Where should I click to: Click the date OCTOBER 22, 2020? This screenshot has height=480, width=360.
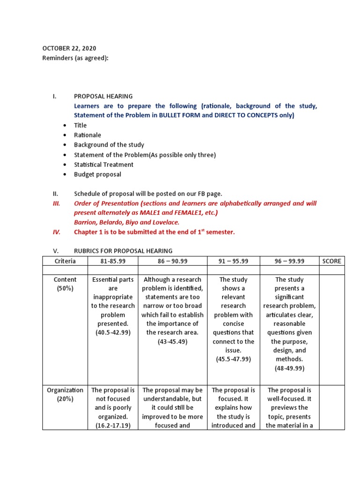pos(69,48)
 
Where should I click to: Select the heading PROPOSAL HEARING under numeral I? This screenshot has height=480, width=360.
pos(103,96)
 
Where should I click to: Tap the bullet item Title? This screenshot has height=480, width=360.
pos(80,125)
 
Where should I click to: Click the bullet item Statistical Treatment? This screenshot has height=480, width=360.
pos(104,165)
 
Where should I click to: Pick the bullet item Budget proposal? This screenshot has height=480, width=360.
pos(97,174)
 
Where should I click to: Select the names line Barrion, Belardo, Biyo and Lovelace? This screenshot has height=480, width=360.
pos(127,222)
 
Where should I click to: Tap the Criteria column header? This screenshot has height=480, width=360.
pos(65,261)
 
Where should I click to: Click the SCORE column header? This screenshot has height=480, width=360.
pos(331,261)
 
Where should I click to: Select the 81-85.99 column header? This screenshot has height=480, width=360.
pos(113,261)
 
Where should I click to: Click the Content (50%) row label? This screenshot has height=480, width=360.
pos(65,284)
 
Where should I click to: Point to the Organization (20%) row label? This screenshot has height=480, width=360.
pos(65,394)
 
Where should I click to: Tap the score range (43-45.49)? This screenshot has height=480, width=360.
pos(172,342)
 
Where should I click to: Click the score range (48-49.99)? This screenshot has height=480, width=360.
pos(289,368)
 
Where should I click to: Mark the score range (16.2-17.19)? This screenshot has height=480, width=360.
pos(113,426)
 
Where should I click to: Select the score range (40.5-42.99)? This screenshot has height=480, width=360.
pos(113,333)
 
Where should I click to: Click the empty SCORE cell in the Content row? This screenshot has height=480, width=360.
pos(331,328)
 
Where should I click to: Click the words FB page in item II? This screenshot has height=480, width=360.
pos(210,194)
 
